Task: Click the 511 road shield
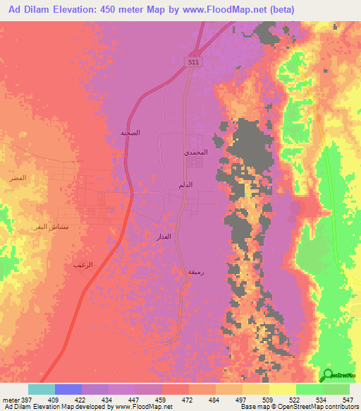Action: coord(193,63)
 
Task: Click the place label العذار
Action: coord(164,237)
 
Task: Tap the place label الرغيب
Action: coord(82,264)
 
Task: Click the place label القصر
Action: coord(18,177)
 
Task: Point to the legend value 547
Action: coord(348,400)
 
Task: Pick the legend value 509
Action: coord(268,400)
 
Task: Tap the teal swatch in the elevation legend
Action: coord(41,389)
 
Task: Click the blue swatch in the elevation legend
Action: coord(68,389)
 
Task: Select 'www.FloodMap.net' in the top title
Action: coord(239,9)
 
